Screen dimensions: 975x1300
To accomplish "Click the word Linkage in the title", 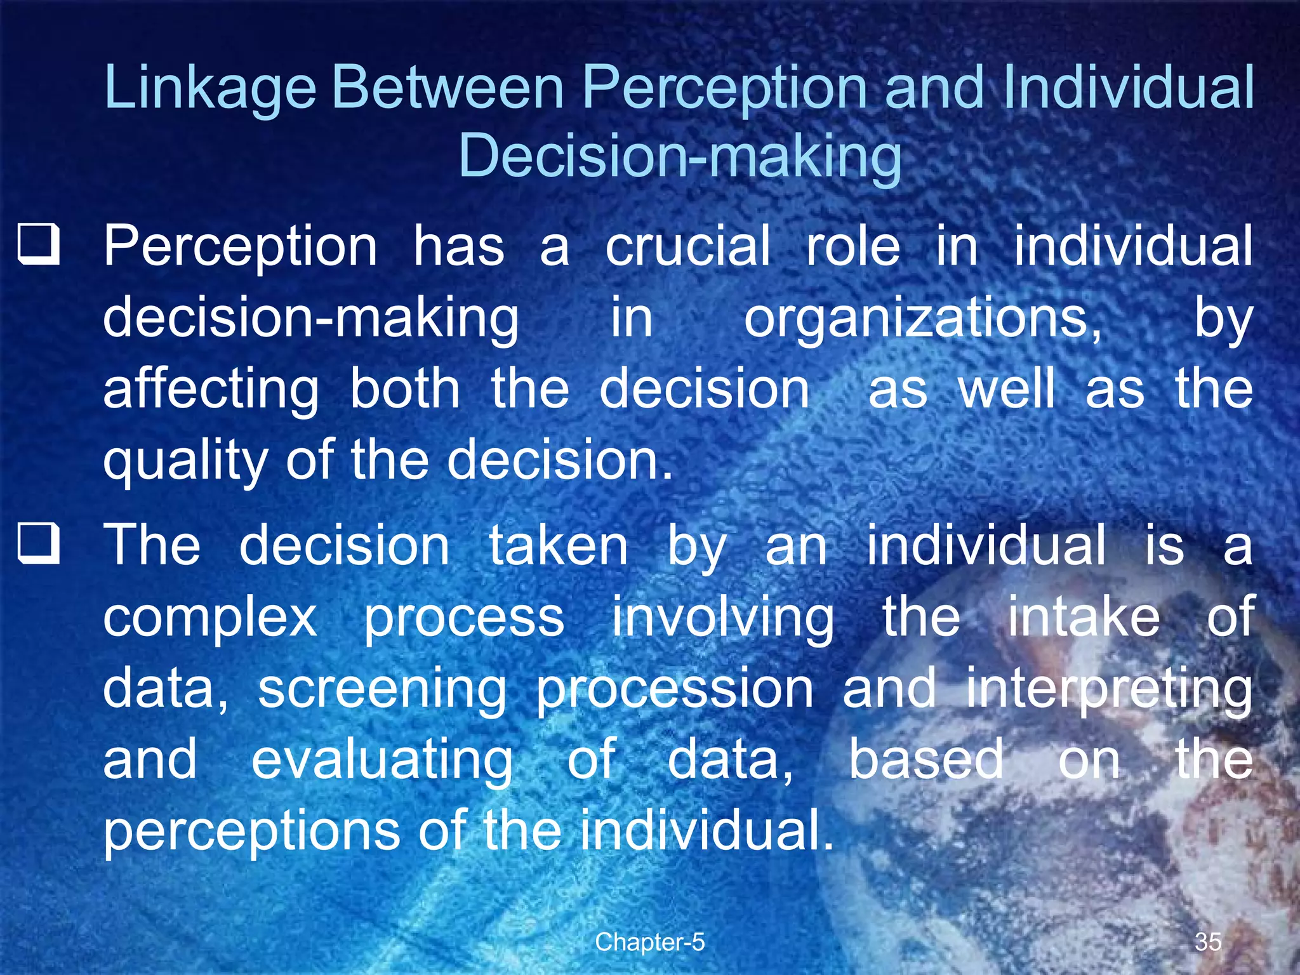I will (x=209, y=89).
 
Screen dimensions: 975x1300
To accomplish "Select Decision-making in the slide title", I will (x=679, y=157).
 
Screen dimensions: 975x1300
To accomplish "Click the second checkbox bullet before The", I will (x=39, y=545).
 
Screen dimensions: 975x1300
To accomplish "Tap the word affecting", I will (x=211, y=390).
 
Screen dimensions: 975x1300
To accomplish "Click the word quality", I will (x=186, y=461).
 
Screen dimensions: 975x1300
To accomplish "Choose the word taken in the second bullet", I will (x=558, y=545).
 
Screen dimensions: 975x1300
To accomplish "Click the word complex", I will (x=210, y=618).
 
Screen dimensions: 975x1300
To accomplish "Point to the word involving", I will (x=723, y=618).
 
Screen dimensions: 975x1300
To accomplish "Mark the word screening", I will (x=382, y=690).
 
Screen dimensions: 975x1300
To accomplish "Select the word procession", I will (x=674, y=690).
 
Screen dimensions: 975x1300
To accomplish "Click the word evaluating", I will (x=382, y=760).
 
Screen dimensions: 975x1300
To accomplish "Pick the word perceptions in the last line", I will (x=251, y=832).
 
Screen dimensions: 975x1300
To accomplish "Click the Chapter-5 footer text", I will (x=649, y=942).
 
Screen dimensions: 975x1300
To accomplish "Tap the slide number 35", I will (x=1207, y=941).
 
